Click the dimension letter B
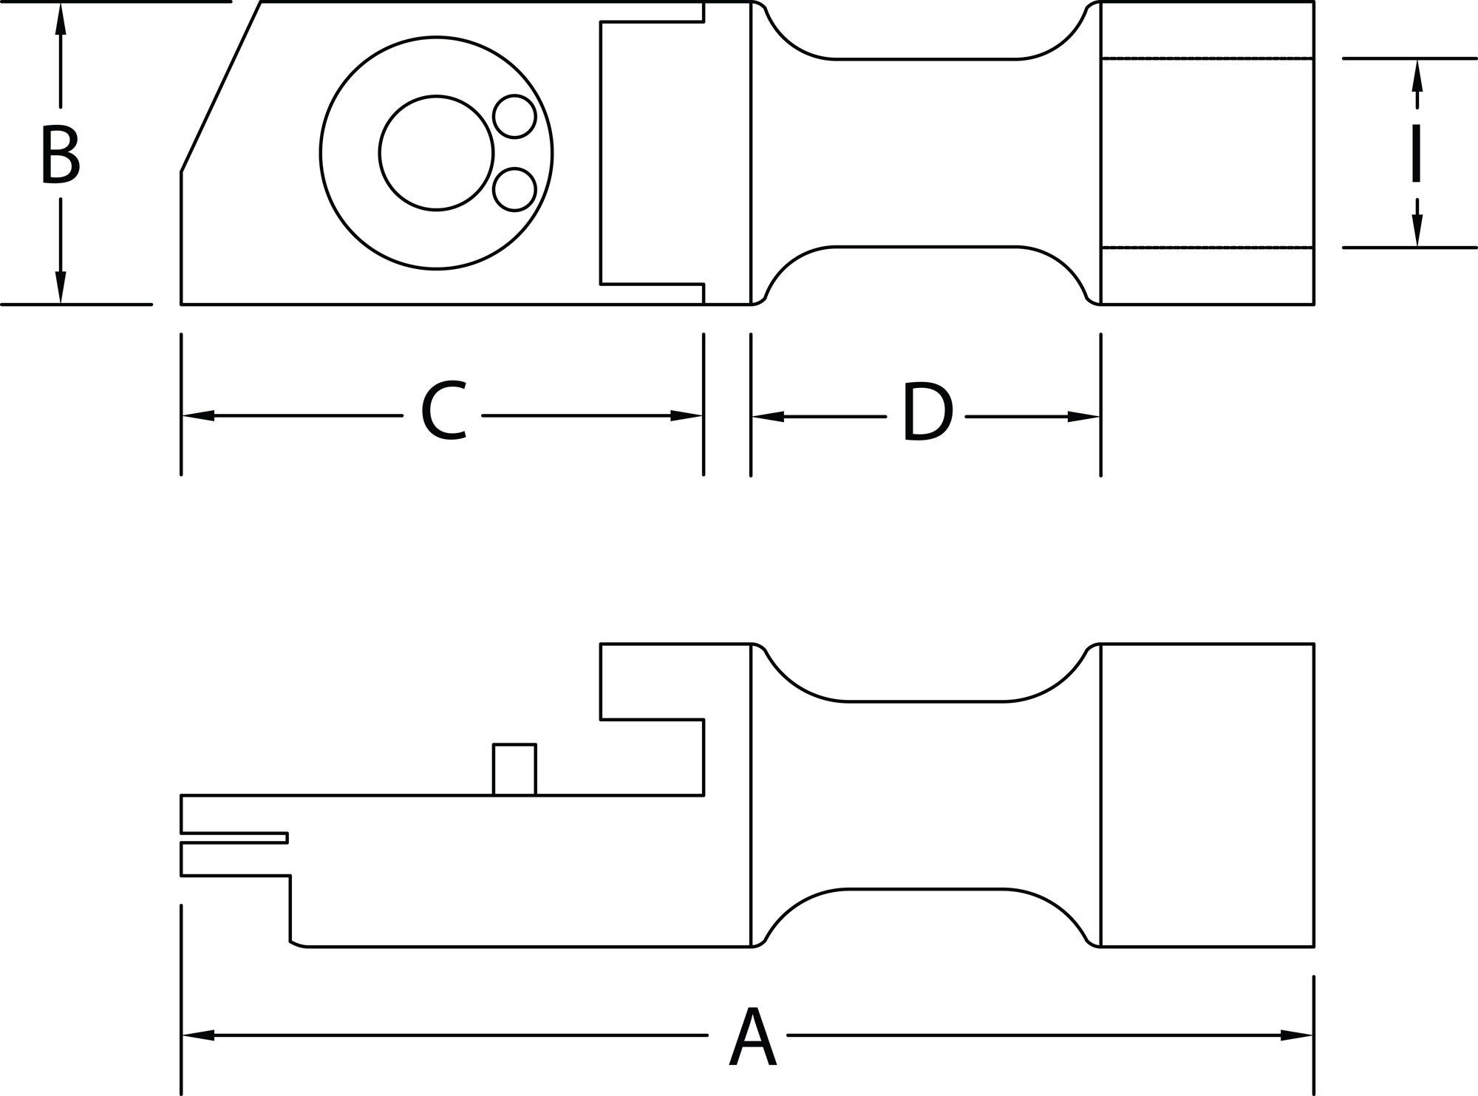60,154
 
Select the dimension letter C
443,412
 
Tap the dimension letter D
927,413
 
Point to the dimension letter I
1416,154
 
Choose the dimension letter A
752,1035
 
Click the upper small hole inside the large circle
514,116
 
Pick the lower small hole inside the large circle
514,189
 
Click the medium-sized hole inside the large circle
436,153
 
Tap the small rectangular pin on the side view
514,769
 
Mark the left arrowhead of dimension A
198,1035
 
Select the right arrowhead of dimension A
1297,1035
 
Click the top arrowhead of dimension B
61,20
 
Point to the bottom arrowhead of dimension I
1417,230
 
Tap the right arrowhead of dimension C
687,416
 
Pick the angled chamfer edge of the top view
221,86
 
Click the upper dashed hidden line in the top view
1207,58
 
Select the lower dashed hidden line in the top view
1207,248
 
